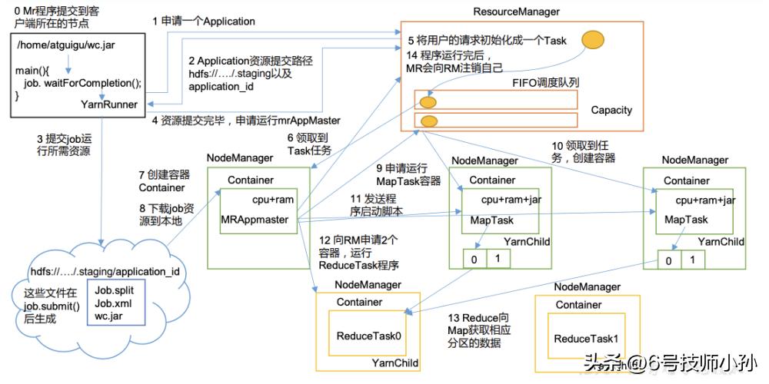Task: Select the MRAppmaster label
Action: [255, 220]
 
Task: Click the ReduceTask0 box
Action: [369, 336]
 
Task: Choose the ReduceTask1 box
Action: [587, 339]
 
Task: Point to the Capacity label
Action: [611, 110]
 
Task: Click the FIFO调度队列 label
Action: [546, 83]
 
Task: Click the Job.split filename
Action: [114, 290]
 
